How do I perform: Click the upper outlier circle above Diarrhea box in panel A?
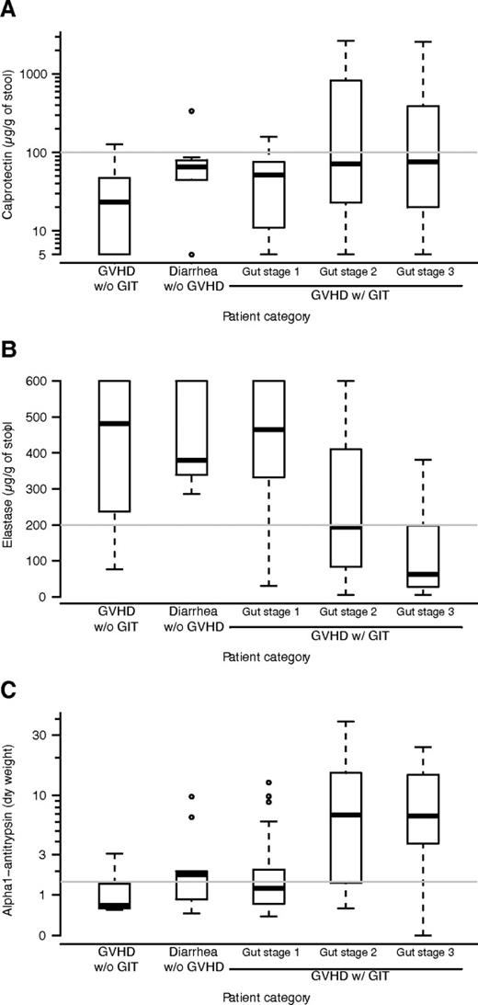click(x=191, y=110)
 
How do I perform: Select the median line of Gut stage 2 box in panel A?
click(x=347, y=164)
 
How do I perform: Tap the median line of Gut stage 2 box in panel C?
click(x=347, y=815)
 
